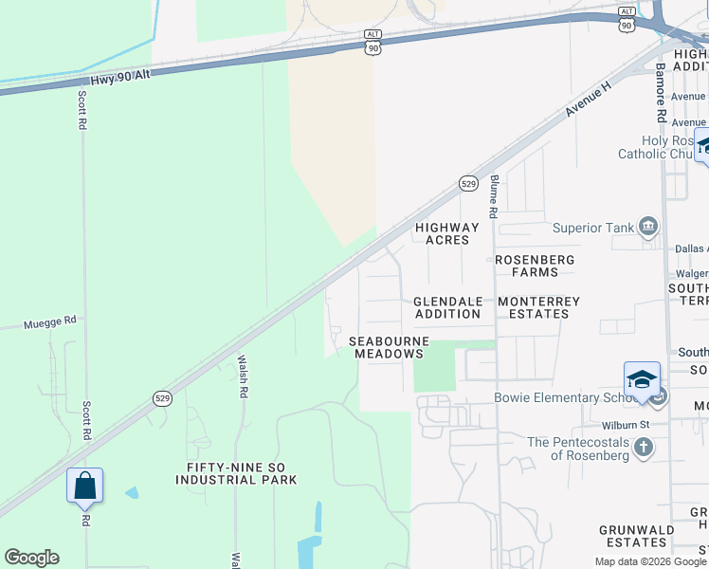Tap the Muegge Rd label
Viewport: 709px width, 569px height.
49,322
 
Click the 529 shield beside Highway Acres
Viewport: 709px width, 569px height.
468,183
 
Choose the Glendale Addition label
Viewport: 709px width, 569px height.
447,307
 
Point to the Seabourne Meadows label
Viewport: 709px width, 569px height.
389,347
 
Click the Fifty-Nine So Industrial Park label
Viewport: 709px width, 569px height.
236,473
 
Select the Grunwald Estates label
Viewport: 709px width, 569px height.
636,536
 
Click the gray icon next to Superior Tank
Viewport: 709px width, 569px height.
648,226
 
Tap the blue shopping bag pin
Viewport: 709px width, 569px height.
84,486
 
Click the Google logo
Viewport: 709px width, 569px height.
31,558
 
